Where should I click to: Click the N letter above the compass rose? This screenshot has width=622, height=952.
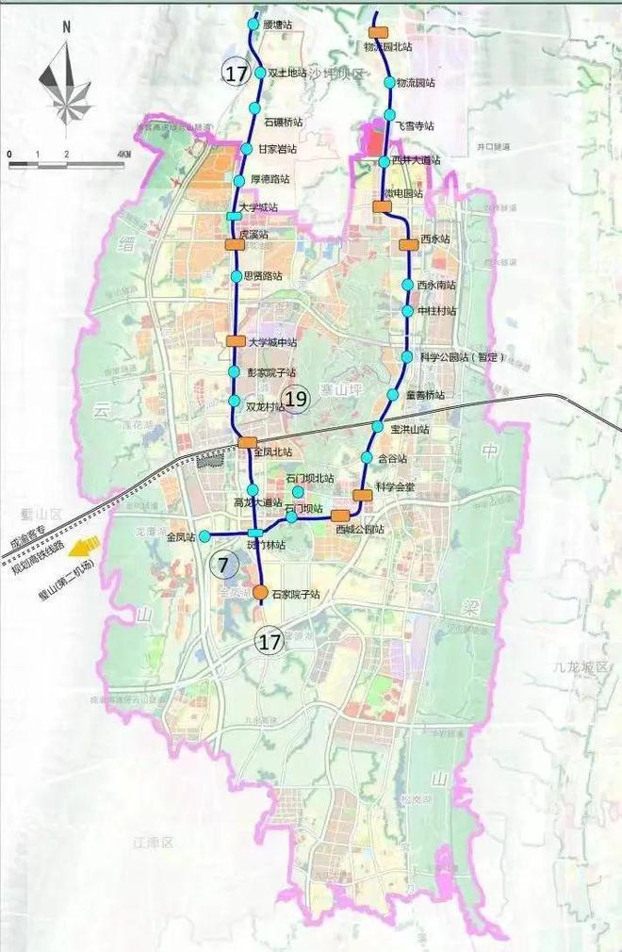pos(66,26)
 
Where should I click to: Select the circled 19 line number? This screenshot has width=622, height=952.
pos(296,400)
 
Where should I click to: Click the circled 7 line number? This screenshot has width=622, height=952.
pos(223,566)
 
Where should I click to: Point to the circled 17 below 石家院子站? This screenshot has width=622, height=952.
pos(270,643)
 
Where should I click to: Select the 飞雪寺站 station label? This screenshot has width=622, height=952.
pos(415,125)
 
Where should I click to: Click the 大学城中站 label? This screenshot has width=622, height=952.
pos(273,342)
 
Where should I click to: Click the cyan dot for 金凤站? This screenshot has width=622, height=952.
pos(205,536)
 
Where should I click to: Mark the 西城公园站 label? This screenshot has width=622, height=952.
pos(360,530)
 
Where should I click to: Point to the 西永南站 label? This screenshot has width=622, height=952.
pos(436,285)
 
